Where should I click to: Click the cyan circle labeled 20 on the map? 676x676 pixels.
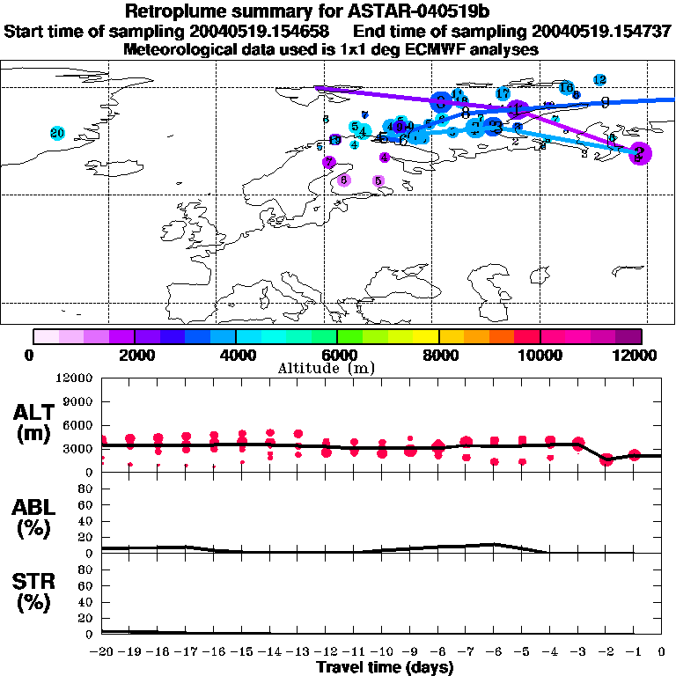pyautogui.click(x=58, y=133)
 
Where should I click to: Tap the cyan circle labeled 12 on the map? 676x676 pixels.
pyautogui.click(x=600, y=80)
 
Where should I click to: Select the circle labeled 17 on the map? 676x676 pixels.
pyautogui.click(x=503, y=93)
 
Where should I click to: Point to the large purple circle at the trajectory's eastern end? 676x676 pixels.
pyautogui.click(x=640, y=152)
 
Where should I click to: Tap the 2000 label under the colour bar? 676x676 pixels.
pyautogui.click(x=134, y=355)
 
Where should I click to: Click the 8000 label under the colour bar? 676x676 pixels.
pyautogui.click(x=438, y=355)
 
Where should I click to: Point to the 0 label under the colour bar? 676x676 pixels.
pyautogui.click(x=33, y=355)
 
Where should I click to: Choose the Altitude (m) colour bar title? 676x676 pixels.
pyautogui.click(x=326, y=368)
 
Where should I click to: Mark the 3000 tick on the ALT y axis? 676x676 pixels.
pyautogui.click(x=80, y=449)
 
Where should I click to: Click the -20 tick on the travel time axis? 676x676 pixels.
pyautogui.click(x=103, y=652)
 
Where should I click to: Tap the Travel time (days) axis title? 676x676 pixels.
pyautogui.click(x=385, y=668)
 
